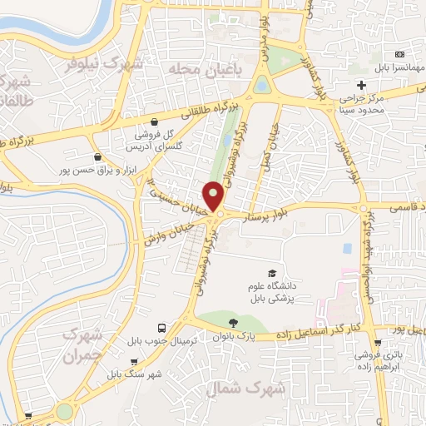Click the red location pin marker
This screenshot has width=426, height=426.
[214, 196]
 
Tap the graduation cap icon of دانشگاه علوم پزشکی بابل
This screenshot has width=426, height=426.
[272, 274]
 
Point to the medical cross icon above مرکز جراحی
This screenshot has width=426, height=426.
[361, 85]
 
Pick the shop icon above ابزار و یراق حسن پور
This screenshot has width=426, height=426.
[99, 156]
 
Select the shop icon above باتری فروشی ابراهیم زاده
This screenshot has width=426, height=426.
[379, 342]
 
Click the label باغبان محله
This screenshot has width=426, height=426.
[205, 69]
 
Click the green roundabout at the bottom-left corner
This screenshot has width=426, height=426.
[64, 411]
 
